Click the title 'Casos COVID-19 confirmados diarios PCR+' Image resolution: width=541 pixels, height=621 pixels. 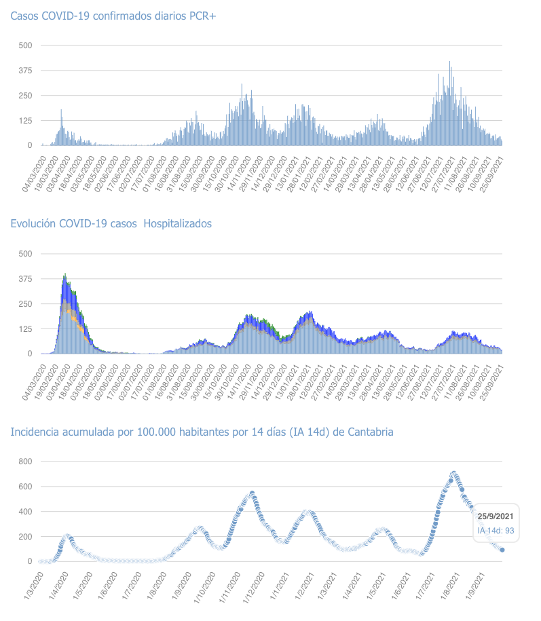113,15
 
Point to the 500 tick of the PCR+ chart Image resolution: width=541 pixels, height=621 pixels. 25,45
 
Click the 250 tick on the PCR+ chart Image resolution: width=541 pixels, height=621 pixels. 25,95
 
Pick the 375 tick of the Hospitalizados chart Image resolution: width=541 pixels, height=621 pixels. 25,278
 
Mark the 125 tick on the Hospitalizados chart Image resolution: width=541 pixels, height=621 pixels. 25,328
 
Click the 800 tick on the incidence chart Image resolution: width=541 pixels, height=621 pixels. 25,462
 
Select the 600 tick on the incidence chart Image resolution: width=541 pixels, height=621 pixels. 25,487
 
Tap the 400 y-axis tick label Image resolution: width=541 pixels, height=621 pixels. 25,511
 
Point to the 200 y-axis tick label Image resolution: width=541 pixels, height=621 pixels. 25,536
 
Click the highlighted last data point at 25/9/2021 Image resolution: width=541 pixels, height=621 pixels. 502,550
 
